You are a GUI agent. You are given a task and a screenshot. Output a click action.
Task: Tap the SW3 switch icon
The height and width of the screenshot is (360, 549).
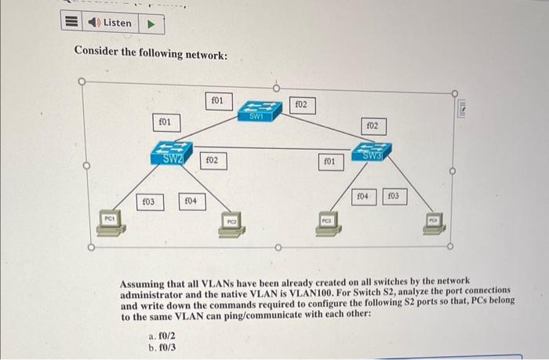(373, 151)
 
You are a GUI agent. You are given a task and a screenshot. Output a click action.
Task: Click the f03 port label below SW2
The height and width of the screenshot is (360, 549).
(147, 202)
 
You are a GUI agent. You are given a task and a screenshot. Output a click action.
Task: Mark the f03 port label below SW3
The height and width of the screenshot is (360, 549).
(394, 195)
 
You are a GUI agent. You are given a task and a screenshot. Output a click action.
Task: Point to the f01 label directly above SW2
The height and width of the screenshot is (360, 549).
(165, 122)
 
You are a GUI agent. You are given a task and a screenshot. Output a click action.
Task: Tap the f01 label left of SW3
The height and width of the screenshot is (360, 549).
(330, 162)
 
